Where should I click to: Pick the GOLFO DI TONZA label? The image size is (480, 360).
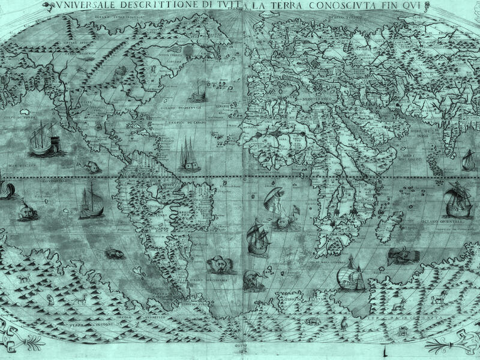coord(22,118)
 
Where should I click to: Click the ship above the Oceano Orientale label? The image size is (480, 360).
coord(456,202)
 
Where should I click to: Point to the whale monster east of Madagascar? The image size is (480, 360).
coord(402,256)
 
